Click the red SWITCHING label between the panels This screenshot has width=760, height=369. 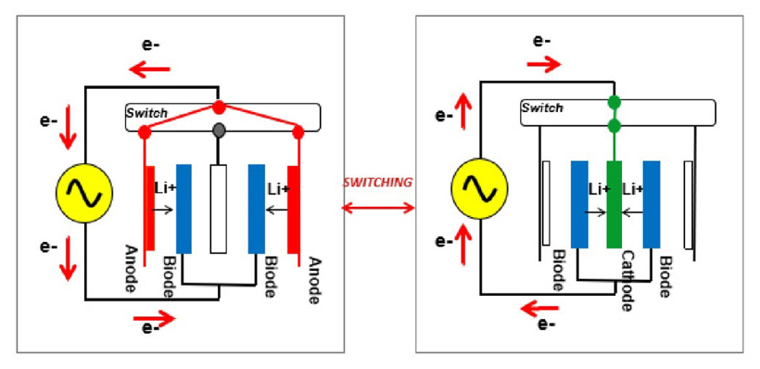pyautogui.click(x=377, y=183)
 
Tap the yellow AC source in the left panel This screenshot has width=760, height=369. pyautogui.click(x=84, y=193)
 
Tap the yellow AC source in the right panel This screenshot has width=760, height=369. pyautogui.click(x=479, y=188)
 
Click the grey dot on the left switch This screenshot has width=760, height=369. pyautogui.click(x=219, y=130)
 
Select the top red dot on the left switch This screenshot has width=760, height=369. pyautogui.click(x=219, y=108)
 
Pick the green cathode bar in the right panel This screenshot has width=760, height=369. pyautogui.click(x=614, y=205)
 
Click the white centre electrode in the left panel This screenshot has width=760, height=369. pyautogui.click(x=219, y=209)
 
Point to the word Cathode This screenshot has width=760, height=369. pyautogui.click(x=627, y=281)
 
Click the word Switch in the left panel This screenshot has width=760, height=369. pyautogui.click(x=146, y=113)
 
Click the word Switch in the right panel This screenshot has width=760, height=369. pyautogui.click(x=542, y=108)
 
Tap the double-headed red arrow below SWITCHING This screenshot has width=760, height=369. pyautogui.click(x=378, y=208)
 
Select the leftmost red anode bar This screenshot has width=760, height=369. pyautogui.click(x=150, y=209)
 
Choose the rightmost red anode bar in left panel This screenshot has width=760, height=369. pyautogui.click(x=293, y=210)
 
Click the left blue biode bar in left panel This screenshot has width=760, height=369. pyautogui.click(x=184, y=209)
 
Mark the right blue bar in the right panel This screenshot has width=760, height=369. pyautogui.click(x=652, y=205)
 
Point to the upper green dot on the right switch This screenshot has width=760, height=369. pyautogui.click(x=614, y=102)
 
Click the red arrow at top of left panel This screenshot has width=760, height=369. pyautogui.click(x=150, y=70)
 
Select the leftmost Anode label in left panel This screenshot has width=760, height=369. pyautogui.click(x=130, y=269)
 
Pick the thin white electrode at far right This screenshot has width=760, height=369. pyautogui.click(x=689, y=205)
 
